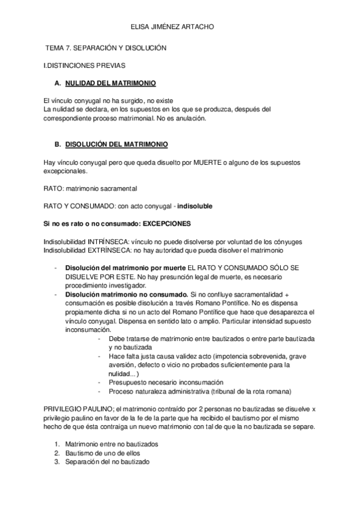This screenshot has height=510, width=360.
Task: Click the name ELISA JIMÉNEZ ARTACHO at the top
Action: (x=180, y=27)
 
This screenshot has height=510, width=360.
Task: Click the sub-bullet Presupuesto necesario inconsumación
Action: (x=166, y=382)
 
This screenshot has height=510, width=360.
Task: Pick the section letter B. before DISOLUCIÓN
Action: (x=58, y=145)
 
